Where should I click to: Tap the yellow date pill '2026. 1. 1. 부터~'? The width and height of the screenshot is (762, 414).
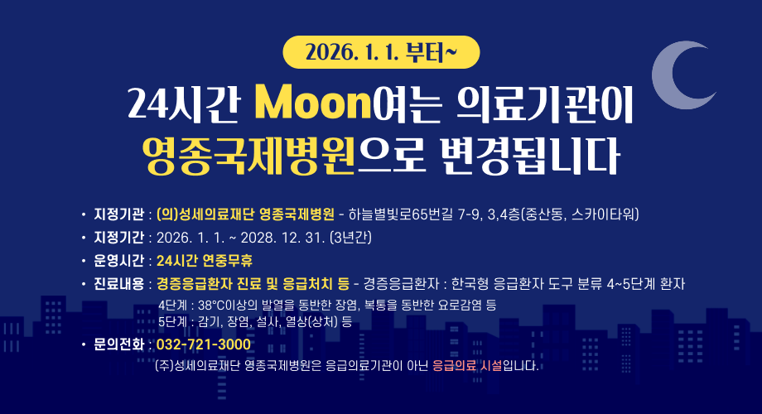(381, 53)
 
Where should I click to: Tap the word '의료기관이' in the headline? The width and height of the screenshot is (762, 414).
(544, 104)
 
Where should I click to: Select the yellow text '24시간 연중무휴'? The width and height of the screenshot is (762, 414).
(204, 261)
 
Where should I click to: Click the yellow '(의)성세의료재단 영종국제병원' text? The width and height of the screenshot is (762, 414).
(245, 215)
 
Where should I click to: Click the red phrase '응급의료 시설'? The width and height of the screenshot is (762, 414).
(467, 365)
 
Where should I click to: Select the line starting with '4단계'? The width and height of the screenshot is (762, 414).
(326, 305)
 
